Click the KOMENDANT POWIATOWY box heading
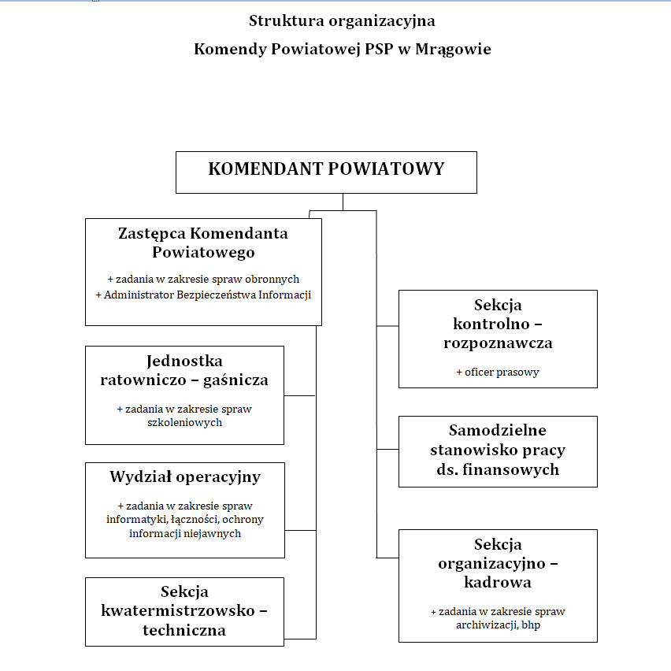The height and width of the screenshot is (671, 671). click(x=326, y=169)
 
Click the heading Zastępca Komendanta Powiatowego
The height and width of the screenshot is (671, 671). click(x=203, y=243)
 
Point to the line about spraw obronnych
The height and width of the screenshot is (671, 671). click(x=203, y=279)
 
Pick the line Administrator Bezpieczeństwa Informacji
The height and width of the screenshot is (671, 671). click(x=203, y=295)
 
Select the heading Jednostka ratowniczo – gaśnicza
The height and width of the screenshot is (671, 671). click(x=184, y=370)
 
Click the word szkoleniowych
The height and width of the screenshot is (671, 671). click(x=184, y=422)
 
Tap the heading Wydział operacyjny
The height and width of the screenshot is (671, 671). click(x=185, y=476)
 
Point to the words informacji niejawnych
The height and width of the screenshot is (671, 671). click(x=185, y=533)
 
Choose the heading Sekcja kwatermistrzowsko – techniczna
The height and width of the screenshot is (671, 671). click(x=184, y=610)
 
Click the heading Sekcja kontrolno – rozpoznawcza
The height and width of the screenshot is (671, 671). click(x=498, y=324)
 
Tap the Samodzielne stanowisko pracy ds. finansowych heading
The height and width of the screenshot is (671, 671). click(x=498, y=450)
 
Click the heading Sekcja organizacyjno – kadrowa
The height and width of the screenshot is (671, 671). click(x=498, y=563)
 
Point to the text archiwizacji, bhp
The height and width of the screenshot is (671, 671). click(x=498, y=625)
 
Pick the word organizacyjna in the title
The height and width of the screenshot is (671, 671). click(x=377, y=21)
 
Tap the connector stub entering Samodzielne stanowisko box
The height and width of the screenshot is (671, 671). click(x=387, y=449)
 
